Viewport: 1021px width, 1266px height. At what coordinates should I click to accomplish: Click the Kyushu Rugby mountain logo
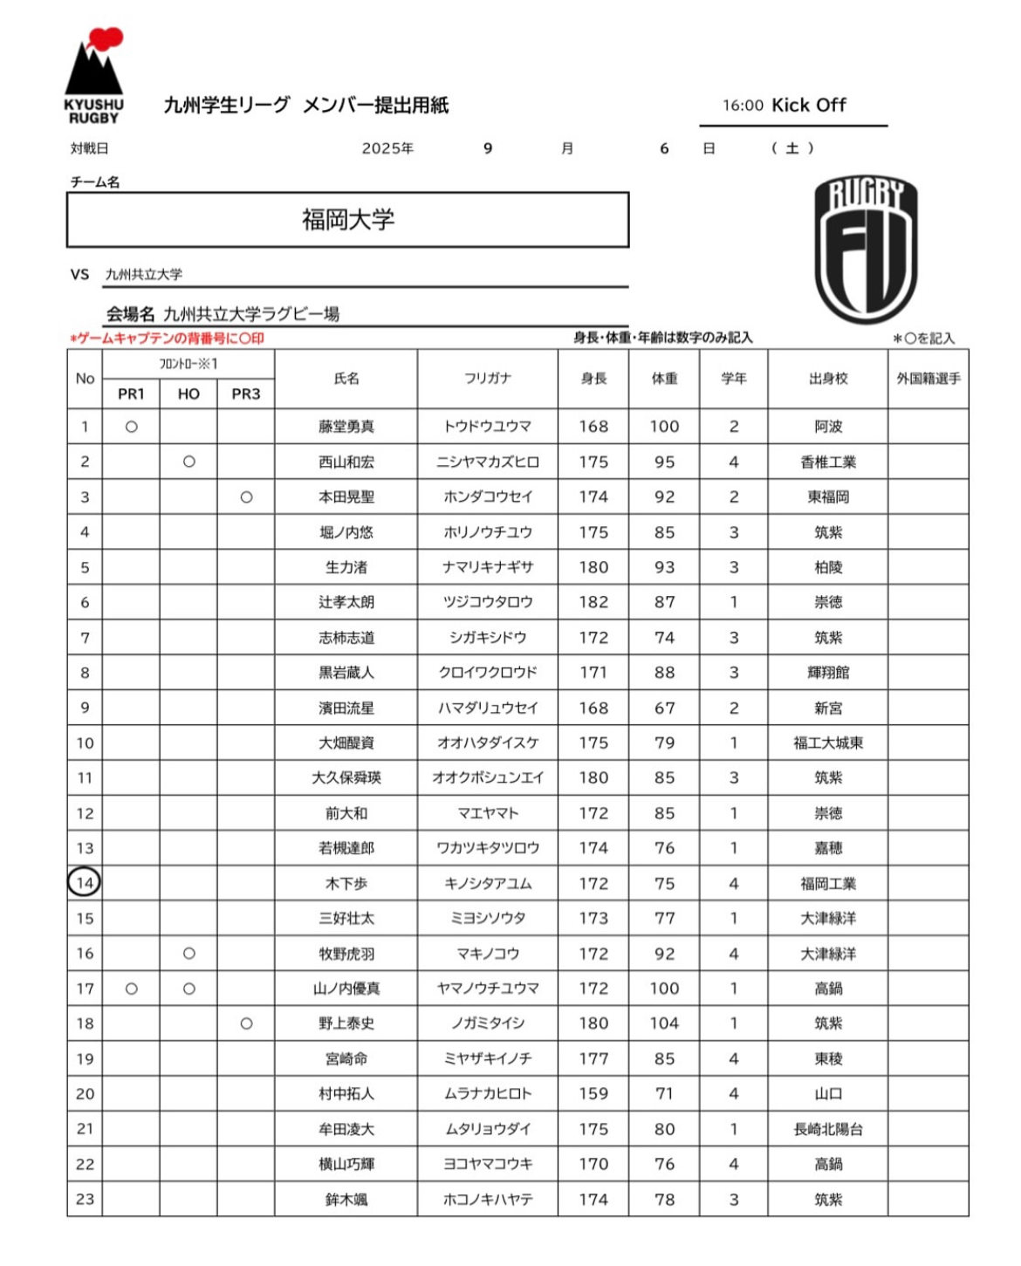(x=93, y=74)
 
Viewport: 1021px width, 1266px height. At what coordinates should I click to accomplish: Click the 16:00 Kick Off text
(x=784, y=106)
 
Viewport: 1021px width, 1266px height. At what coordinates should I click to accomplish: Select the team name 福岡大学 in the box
(x=348, y=220)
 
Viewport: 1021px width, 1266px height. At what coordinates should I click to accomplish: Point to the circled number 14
(x=84, y=883)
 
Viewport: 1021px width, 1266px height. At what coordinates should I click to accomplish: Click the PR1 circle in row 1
(x=131, y=427)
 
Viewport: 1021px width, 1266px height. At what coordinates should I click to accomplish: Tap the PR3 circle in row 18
(x=246, y=1023)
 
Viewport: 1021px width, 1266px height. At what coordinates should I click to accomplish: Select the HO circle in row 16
(x=188, y=954)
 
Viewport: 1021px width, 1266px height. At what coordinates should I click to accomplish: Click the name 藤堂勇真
(x=346, y=427)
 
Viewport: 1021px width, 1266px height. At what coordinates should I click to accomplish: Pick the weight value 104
(x=664, y=1023)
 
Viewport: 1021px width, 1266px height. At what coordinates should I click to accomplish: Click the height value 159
(x=593, y=1093)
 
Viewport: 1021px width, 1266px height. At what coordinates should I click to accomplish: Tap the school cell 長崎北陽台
(x=828, y=1129)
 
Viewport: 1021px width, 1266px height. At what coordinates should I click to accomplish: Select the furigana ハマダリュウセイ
(x=488, y=708)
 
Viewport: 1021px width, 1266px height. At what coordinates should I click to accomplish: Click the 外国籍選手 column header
(x=928, y=379)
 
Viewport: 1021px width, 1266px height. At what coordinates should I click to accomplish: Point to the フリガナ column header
(x=488, y=379)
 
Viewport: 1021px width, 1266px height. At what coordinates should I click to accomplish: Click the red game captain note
(x=167, y=338)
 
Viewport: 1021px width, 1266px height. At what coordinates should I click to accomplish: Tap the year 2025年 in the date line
(x=387, y=149)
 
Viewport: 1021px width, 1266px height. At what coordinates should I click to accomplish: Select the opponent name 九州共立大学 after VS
(x=144, y=275)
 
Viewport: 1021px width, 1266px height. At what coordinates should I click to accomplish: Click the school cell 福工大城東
(x=828, y=743)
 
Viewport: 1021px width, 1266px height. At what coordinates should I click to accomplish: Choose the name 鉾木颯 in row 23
(x=346, y=1200)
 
